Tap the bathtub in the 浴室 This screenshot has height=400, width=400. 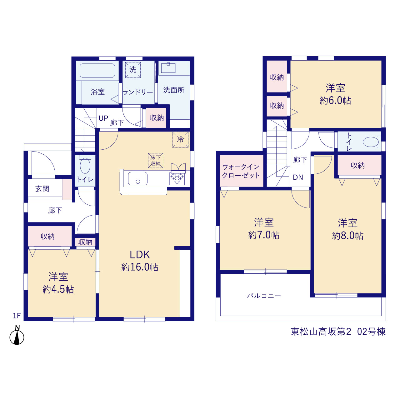pos(97,70)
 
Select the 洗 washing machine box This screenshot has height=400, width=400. pos(133,70)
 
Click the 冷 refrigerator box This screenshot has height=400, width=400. pos(180,140)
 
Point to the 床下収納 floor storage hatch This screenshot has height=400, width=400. pos(156,160)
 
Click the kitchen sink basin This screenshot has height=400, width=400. pos(138,178)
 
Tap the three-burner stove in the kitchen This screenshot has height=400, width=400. pos(177,178)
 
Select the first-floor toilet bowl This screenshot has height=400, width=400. pos(85,165)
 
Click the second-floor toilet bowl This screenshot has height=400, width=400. pos(371,142)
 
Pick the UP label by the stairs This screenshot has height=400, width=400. pos(103,118)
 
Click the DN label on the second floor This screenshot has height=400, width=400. pos(298,177)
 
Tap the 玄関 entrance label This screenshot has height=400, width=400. pos(42,189)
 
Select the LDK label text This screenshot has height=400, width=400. pos(140,255)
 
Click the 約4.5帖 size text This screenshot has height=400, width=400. pos(58,290)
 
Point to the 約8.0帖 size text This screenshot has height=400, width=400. pos(348,236)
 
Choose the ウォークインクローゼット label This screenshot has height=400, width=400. pos(241,171)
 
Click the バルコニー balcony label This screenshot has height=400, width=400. pos(264,296)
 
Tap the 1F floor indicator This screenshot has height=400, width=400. pos(17,316)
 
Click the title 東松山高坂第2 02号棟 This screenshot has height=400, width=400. pos(338,332)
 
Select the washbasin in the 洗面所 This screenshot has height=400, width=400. pos(168,68)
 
